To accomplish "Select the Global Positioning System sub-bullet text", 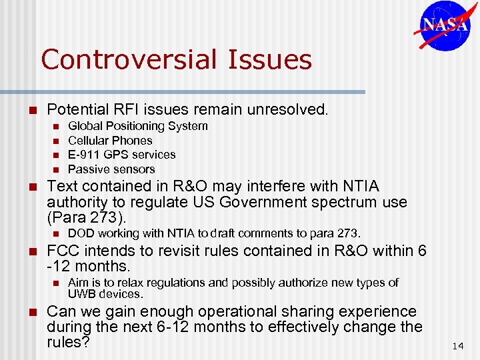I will pyautogui.click(x=138, y=126).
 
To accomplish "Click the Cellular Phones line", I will pyautogui.click(x=110, y=141).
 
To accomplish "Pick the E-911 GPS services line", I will pyautogui.click(x=122, y=155).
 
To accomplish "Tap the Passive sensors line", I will pyautogui.click(x=111, y=169).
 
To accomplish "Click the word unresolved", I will pyautogui.click(x=291, y=109).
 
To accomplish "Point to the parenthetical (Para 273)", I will pyautogui.click(x=86, y=217).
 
